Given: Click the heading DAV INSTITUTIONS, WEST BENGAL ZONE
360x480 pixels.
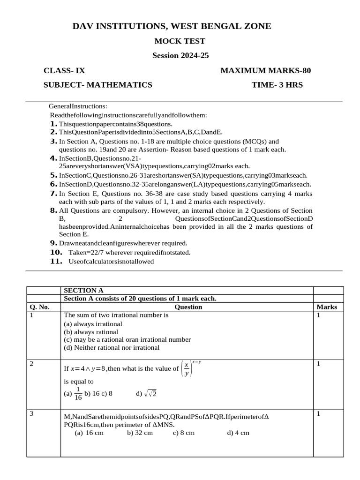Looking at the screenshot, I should [172, 26].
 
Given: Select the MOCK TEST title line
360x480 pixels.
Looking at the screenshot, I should [180, 41].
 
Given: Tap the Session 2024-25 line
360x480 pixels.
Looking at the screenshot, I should [180, 55].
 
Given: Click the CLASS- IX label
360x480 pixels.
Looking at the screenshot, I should [64, 71].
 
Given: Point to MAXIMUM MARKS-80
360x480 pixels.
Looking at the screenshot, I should [265, 71].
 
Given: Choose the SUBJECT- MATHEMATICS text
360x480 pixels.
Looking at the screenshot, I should [97, 85].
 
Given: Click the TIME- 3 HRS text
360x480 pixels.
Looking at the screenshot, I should [277, 85].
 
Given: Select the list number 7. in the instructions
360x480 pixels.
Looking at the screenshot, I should [53, 193].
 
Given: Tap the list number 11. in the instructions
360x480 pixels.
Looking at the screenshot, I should [56, 261].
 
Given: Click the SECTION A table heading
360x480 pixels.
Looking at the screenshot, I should [83, 291].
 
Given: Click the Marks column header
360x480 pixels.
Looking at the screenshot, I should [327, 307].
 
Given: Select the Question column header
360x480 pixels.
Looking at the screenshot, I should [188, 307].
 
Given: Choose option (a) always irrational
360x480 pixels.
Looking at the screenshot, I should [93, 324].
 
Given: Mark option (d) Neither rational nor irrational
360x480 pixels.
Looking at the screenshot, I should [112, 348].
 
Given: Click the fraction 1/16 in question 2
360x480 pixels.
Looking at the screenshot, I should [78, 393].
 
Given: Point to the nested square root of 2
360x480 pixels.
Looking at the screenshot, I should [150, 394].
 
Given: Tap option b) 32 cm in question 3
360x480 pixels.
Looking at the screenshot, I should [140, 433].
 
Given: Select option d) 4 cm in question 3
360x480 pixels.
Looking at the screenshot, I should [238, 433].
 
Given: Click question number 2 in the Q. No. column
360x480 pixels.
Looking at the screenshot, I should [31, 364].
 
